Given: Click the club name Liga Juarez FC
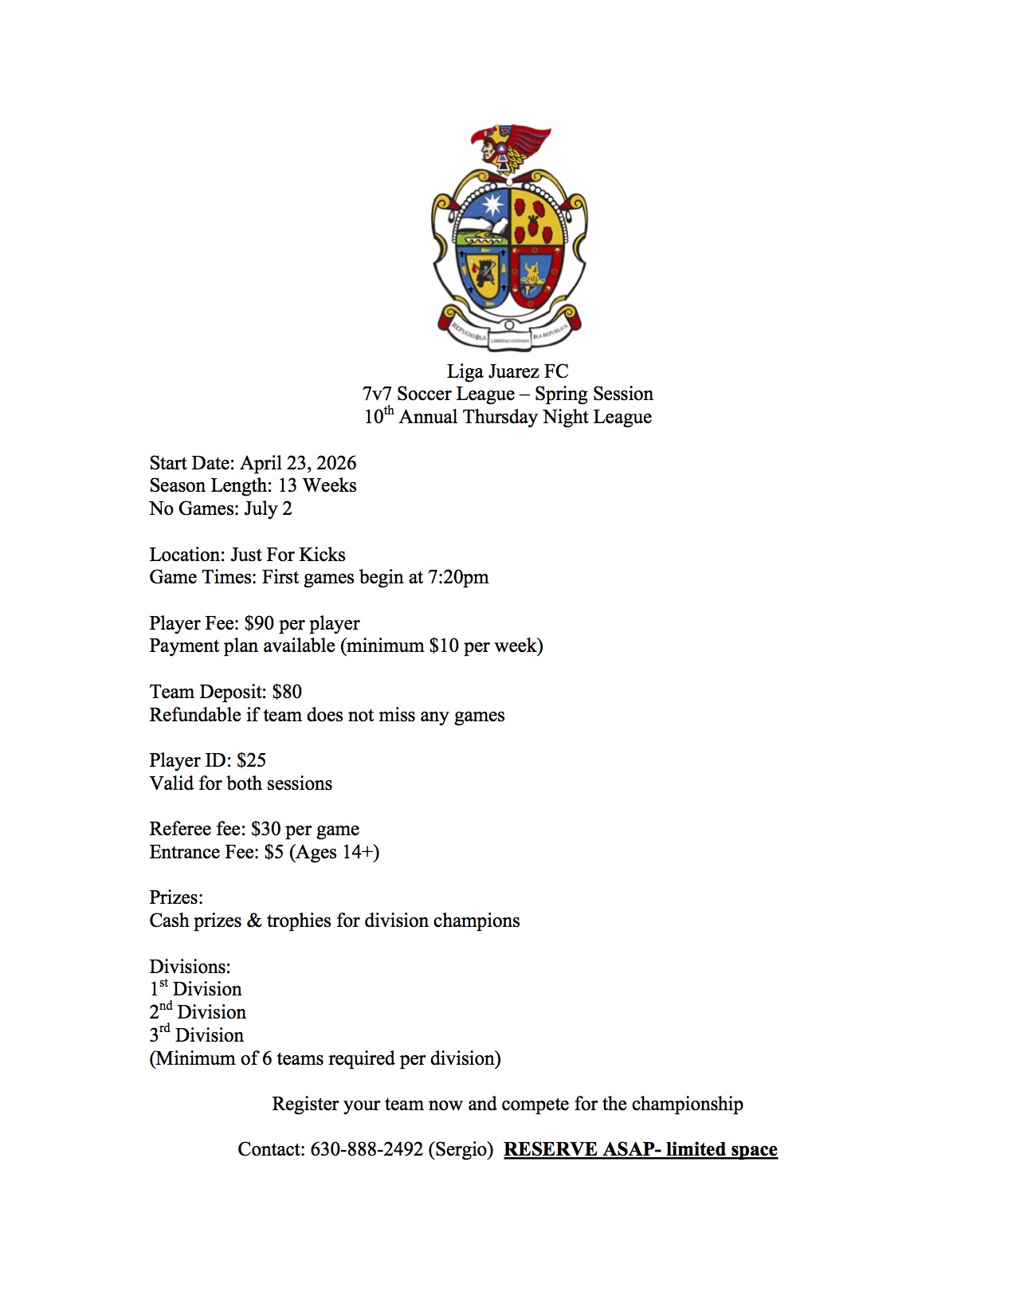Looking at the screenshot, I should tap(508, 371).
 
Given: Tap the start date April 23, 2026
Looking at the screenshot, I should tap(298, 463).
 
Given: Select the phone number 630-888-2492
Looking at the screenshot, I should tap(366, 1149).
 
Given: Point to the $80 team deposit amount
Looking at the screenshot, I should tap(287, 692).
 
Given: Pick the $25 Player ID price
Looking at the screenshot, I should tap(251, 760).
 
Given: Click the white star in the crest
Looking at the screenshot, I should tap(492, 205).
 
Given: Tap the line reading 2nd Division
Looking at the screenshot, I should tap(198, 1012).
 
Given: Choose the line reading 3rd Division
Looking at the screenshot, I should tap(196, 1035).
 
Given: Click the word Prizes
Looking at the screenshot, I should tap(176, 897).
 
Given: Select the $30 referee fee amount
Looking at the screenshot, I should tap(265, 829).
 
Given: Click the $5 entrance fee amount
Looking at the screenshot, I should tap(273, 852).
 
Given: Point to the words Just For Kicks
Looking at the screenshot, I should tap(288, 555).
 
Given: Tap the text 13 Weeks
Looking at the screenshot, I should tap(316, 485).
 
